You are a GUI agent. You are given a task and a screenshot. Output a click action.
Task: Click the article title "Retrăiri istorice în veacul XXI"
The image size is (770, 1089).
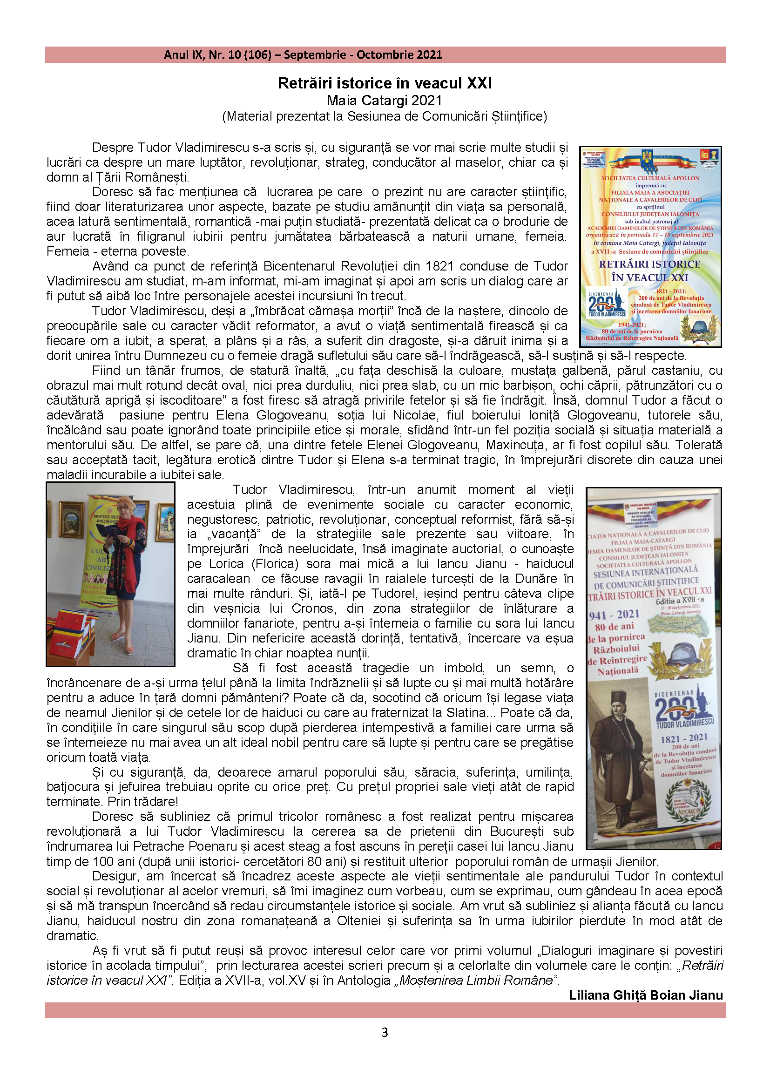tap(385, 83)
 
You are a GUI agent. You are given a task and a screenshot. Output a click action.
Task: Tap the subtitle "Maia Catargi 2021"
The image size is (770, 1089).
tap(385, 101)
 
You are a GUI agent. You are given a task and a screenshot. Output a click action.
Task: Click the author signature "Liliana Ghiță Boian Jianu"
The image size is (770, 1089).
tap(646, 995)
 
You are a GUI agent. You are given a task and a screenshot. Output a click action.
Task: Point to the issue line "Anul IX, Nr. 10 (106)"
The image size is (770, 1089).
tap(217, 54)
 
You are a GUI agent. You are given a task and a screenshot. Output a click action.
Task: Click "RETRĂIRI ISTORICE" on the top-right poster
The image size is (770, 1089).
tap(649, 264)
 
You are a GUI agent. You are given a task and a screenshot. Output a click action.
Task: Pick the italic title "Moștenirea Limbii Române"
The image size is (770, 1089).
tap(476, 981)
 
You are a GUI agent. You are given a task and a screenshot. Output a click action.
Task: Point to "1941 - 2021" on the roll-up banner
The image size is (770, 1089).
tap(614, 615)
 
